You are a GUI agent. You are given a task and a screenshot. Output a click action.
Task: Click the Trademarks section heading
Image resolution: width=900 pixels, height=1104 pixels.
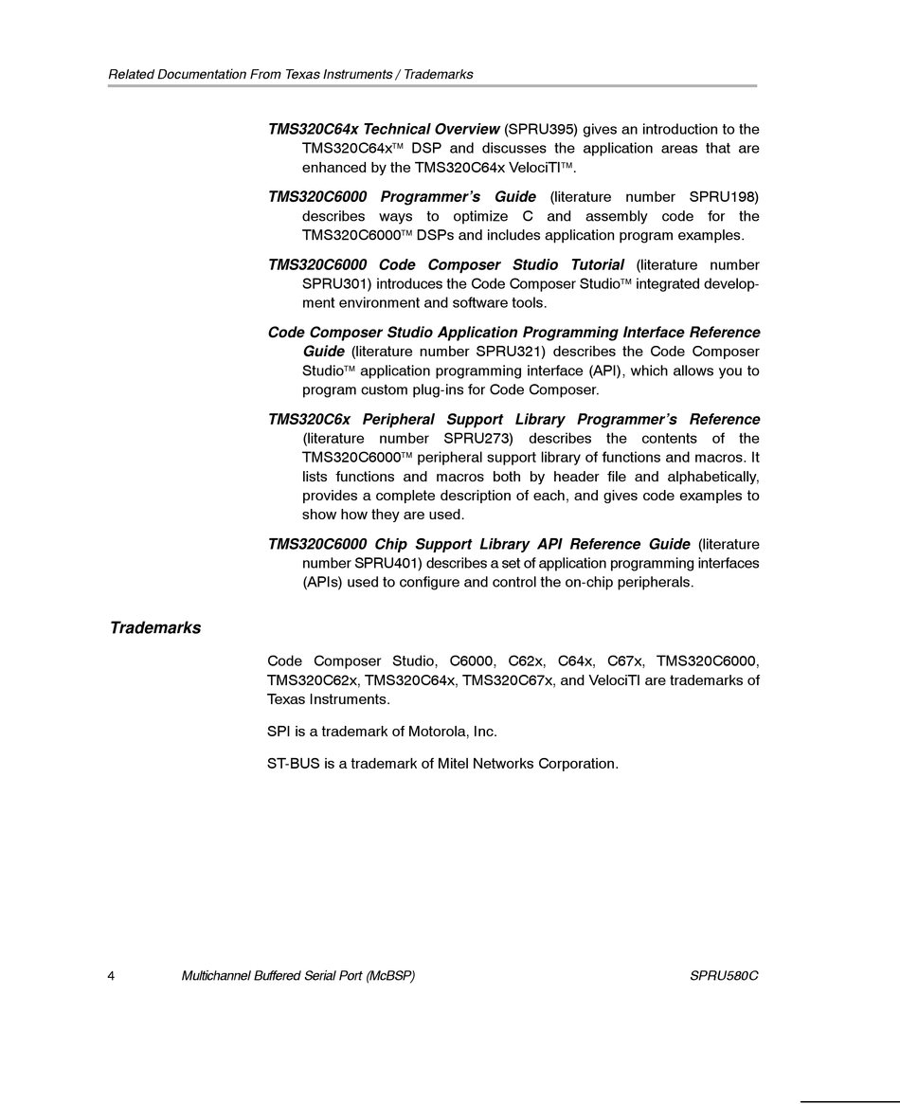point(155,627)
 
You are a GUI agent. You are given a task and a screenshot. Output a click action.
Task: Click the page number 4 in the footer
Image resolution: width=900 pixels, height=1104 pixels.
point(112,976)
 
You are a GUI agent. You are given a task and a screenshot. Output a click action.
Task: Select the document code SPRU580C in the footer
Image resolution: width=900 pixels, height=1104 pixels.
point(725,976)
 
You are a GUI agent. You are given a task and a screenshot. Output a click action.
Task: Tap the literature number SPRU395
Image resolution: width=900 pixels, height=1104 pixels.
point(541,129)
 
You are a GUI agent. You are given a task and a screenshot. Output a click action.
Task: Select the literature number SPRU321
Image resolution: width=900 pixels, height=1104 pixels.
point(509,352)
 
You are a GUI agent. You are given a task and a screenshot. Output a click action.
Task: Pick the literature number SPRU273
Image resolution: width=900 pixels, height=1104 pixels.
point(476,438)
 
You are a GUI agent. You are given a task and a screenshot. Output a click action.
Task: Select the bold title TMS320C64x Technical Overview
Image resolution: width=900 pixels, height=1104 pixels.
point(384,129)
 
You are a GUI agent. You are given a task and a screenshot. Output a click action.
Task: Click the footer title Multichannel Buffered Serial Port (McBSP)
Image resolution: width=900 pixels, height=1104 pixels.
point(297,976)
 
